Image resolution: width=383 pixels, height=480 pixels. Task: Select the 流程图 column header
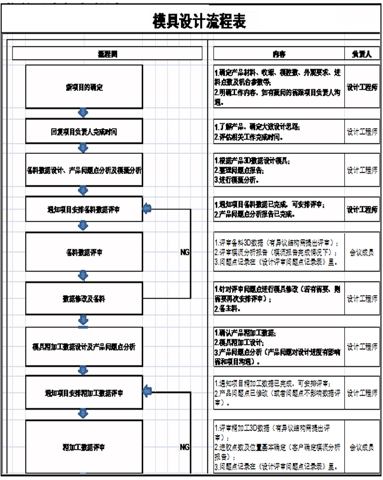(107, 54)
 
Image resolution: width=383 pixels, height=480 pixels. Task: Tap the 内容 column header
(279, 54)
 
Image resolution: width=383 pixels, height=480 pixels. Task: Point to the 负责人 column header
(362, 54)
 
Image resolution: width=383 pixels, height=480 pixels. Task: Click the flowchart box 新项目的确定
(84, 87)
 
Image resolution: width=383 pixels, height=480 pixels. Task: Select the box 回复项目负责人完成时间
(84, 131)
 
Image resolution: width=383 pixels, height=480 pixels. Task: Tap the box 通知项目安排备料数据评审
(84, 209)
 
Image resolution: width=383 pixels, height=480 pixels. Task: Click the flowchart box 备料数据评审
(84, 251)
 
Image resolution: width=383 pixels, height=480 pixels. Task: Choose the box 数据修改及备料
(84, 299)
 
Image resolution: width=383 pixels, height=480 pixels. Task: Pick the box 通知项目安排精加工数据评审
(84, 393)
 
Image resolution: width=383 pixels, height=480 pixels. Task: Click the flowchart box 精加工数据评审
(84, 447)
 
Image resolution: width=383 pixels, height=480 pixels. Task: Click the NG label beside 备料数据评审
(185, 251)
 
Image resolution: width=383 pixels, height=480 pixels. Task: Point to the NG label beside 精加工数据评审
(185, 447)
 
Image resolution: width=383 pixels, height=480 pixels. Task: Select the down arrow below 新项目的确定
(83, 113)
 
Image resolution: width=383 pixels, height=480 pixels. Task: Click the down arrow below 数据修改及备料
(83, 319)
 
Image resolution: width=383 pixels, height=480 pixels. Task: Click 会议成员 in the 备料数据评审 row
(362, 251)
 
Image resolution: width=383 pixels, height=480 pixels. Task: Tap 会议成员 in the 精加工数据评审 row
(362, 447)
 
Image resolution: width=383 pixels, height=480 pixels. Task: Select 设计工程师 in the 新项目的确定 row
(362, 87)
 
